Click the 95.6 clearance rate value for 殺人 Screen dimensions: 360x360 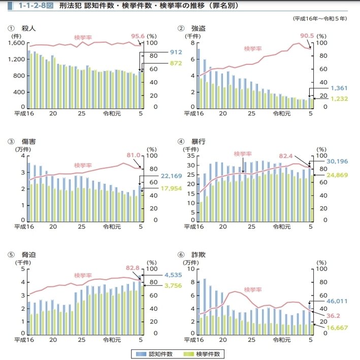[x=138, y=36]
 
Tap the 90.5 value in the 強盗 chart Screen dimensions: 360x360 [x=307, y=36]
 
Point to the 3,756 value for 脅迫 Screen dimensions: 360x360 [x=173, y=286]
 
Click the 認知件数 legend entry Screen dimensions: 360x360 [x=159, y=353]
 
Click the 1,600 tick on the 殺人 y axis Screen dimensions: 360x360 [x=16, y=43]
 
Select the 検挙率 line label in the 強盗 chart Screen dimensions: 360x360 [x=252, y=49]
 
